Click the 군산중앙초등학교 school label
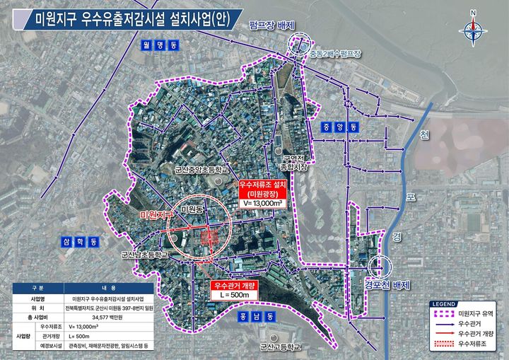pos(202,170)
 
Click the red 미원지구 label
pos(157,214)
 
